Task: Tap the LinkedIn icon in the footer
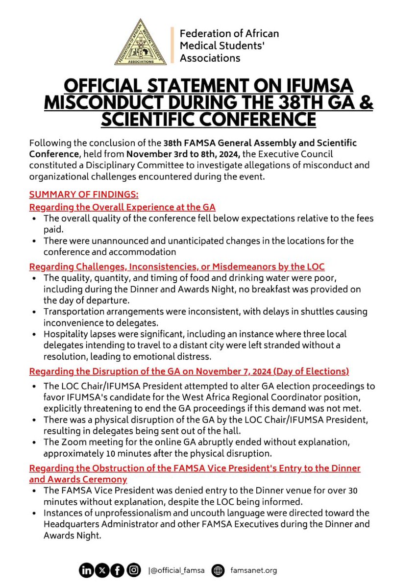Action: (86, 570)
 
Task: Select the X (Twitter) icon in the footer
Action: (102, 570)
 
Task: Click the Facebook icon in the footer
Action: (118, 570)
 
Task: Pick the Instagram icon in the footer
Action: (133, 570)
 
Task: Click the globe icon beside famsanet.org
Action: (218, 570)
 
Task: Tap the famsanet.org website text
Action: (253, 570)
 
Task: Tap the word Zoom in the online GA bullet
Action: (71, 442)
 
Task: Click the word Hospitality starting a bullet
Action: (65, 334)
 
